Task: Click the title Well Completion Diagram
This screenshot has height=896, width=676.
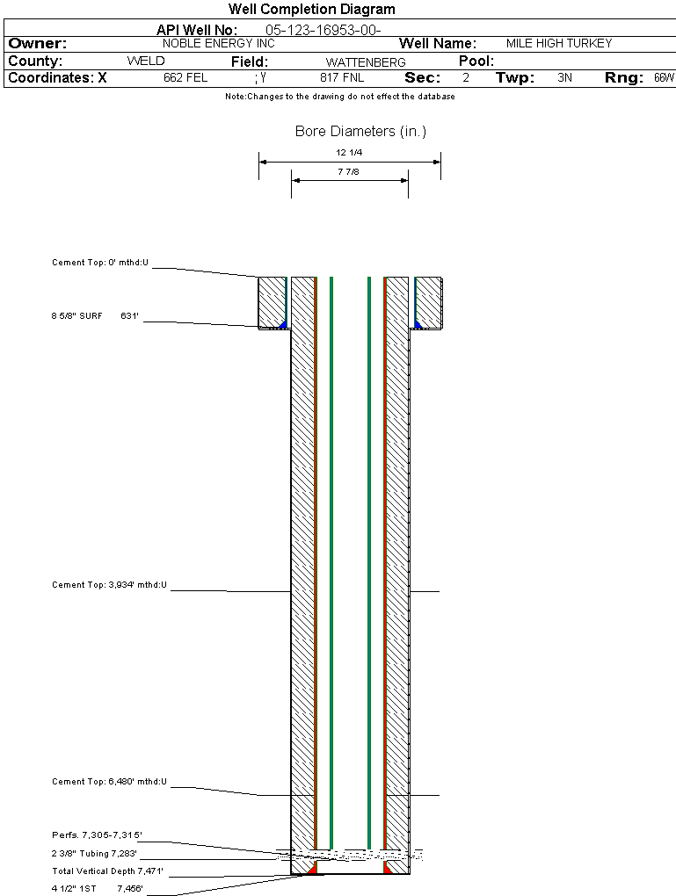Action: click(x=312, y=9)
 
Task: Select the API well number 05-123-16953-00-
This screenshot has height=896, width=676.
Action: click(x=323, y=30)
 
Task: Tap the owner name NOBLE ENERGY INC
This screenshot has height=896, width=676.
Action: click(x=219, y=43)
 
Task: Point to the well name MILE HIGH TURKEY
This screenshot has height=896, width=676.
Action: click(x=559, y=43)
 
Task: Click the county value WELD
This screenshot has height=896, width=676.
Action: click(x=146, y=61)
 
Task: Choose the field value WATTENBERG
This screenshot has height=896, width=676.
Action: click(x=366, y=62)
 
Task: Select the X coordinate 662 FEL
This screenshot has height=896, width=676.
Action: click(x=185, y=77)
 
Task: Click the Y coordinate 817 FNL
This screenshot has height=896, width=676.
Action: click(x=342, y=77)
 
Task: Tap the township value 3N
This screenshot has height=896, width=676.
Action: click(x=564, y=77)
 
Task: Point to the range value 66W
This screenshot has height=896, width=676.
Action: click(x=664, y=77)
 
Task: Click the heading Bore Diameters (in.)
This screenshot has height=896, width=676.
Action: click(x=361, y=132)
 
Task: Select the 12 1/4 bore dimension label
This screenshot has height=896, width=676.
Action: click(x=349, y=153)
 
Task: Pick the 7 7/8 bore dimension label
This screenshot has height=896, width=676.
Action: click(x=348, y=171)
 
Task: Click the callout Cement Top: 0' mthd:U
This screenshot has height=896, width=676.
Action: click(x=100, y=263)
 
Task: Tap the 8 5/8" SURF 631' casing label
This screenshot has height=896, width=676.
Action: click(x=95, y=315)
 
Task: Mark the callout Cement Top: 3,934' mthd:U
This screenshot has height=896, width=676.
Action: click(x=109, y=584)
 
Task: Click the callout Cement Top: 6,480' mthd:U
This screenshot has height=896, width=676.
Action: click(x=109, y=781)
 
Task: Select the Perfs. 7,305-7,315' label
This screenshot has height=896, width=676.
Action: click(x=98, y=835)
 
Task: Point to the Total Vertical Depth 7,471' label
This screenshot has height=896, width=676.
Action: click(x=107, y=871)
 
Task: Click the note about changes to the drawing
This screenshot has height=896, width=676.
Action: click(x=340, y=97)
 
